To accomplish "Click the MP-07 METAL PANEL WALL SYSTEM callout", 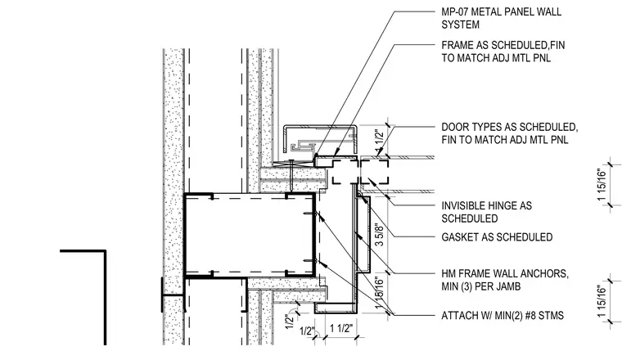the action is (x=502, y=18).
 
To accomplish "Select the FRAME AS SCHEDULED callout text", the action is (x=503, y=52).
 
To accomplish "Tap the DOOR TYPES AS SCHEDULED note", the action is (x=510, y=133).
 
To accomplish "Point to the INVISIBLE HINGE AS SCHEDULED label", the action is (x=486, y=212).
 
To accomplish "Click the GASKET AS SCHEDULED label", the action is (x=497, y=237).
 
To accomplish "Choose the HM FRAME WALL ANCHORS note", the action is (x=505, y=280).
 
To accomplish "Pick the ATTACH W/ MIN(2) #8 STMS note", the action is (x=503, y=316).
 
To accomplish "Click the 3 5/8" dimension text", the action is (x=379, y=235).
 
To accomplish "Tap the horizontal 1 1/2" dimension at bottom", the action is (x=340, y=328).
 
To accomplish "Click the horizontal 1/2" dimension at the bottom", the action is (x=307, y=331).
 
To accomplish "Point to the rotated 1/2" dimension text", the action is (x=290, y=321).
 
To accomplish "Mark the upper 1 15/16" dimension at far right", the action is (x=602, y=185).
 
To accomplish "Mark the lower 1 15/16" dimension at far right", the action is (x=602, y=301).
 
